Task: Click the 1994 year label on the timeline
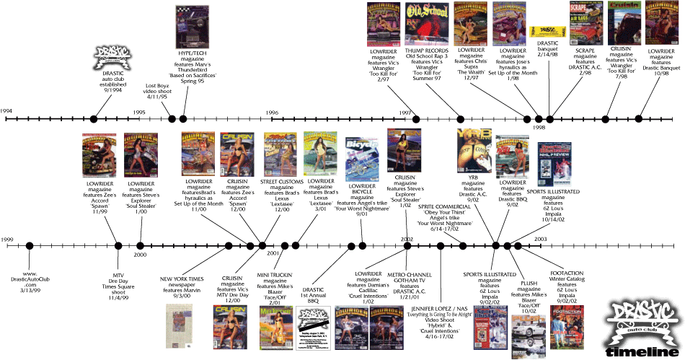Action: tap(6, 111)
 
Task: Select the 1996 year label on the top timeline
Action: tap(271, 113)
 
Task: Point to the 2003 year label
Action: tap(540, 238)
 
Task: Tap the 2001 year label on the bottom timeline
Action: tap(273, 254)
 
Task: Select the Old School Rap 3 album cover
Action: tap(423, 23)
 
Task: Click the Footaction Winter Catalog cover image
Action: tap(567, 326)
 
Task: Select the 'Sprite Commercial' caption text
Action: tap(444, 207)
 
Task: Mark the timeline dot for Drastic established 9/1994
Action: tap(94, 119)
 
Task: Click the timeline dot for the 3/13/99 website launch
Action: tap(30, 246)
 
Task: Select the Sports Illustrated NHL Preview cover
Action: tap(554, 161)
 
